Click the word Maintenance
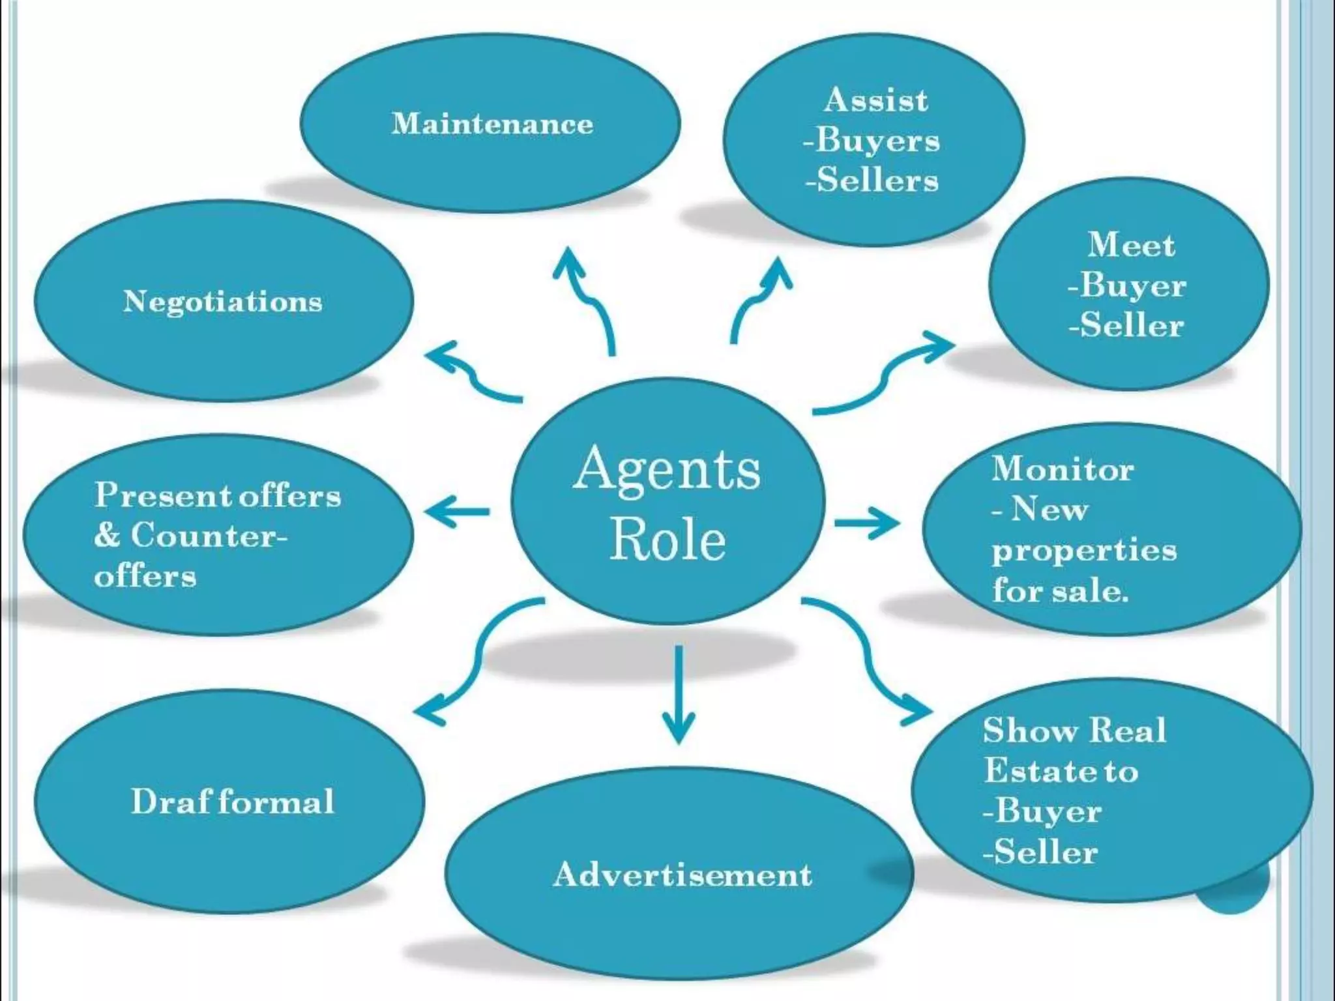tap(492, 124)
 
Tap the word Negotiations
tap(223, 301)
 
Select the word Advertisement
tap(682, 875)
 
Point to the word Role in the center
tap(667, 540)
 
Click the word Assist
tap(875, 100)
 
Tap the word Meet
tap(1131, 245)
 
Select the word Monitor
tap(1063, 469)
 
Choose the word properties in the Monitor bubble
tap(1085, 551)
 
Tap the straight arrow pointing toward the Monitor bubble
tap(867, 523)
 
